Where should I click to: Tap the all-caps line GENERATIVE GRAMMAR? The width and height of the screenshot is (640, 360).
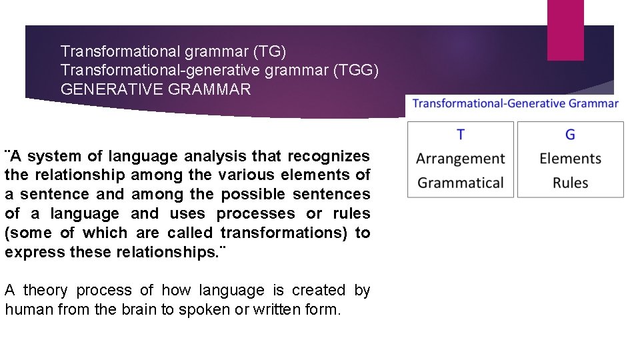pyautogui.click(x=155, y=89)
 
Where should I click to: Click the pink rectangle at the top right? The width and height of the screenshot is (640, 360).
pyautogui.click(x=565, y=30)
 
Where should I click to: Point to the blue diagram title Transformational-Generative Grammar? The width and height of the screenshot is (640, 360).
pyautogui.click(x=515, y=103)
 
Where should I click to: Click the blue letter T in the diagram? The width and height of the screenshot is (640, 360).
pyautogui.click(x=461, y=135)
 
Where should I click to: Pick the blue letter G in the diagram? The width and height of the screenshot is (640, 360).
pyautogui.click(x=570, y=135)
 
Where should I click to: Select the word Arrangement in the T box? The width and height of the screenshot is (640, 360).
pyautogui.click(x=461, y=159)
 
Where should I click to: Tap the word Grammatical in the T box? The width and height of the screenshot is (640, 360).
pyautogui.click(x=461, y=183)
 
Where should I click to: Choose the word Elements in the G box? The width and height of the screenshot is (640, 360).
pyautogui.click(x=570, y=159)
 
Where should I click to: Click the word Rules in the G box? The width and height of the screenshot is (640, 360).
pyautogui.click(x=570, y=183)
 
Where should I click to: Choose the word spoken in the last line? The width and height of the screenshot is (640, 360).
pyautogui.click(x=201, y=309)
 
